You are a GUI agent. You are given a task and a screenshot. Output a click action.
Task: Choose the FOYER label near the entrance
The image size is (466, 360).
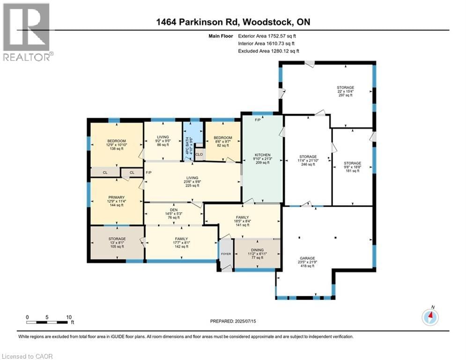pyautogui.click(x=226, y=255)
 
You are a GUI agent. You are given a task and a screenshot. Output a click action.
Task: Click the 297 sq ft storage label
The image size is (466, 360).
pyautogui.click(x=345, y=91)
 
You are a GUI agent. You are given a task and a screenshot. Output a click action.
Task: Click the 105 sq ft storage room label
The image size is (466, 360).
pyautogui.click(x=117, y=242)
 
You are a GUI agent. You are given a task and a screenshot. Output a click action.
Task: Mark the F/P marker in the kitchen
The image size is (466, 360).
pyautogui.click(x=258, y=120)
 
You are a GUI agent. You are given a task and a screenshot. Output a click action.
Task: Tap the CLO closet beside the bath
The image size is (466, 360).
pyautogui.click(x=199, y=154)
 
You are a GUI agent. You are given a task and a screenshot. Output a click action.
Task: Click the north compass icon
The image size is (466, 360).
pyautogui.click(x=430, y=317)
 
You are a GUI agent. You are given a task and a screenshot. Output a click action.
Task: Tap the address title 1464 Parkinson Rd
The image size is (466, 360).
pyautogui.click(x=233, y=22)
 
